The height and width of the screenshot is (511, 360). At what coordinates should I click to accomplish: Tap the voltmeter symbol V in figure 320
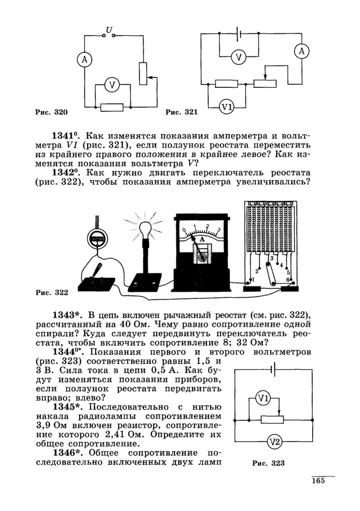pyautogui.click(x=112, y=85)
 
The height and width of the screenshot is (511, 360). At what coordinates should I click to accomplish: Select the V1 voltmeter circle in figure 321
pyautogui.click(x=227, y=107)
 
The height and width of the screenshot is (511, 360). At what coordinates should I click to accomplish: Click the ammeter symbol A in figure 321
pyautogui.click(x=300, y=50)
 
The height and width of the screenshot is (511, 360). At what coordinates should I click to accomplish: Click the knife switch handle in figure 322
pyautogui.click(x=98, y=270)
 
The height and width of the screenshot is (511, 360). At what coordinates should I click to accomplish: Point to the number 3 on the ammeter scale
pyautogui.click(x=218, y=230)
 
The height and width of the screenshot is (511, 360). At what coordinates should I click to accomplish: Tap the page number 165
pyautogui.click(x=318, y=481)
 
